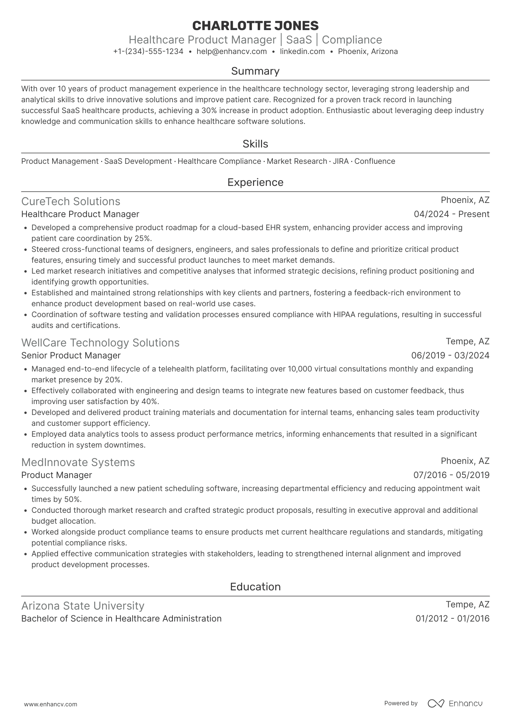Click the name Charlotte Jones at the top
point(255,26)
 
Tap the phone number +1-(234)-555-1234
point(148,51)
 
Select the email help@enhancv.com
point(232,51)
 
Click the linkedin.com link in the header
point(302,51)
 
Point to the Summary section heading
point(255,71)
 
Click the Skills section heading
point(255,144)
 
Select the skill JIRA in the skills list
point(341,161)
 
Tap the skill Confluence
point(375,161)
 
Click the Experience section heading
point(255,182)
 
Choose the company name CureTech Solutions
point(71,201)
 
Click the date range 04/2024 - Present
point(452,214)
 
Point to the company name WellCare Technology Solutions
point(100,343)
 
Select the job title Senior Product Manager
point(71,356)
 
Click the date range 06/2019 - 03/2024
point(450,356)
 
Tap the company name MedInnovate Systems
point(78,462)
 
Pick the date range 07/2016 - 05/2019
point(451,475)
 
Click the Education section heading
point(255,587)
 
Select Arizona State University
point(83,606)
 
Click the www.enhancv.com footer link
point(50,705)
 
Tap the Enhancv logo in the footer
point(455,703)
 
